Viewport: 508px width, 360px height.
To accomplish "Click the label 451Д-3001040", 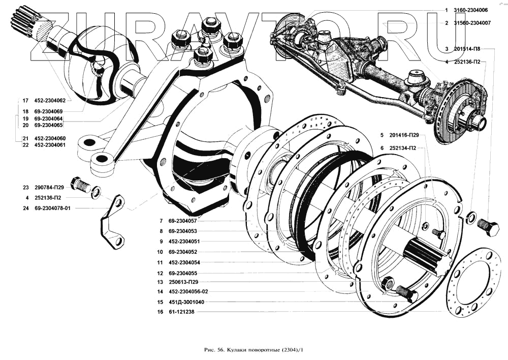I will coord(186,302).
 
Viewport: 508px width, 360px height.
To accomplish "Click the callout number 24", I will coord(25,208).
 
